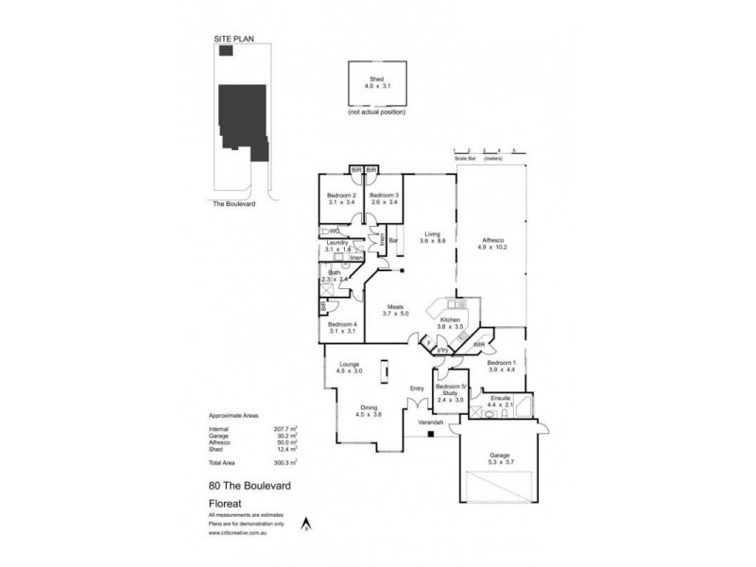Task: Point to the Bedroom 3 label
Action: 384,196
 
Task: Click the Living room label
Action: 433,233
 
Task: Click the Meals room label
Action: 398,308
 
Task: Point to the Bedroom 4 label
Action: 341,324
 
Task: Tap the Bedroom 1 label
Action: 502,364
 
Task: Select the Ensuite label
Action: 502,400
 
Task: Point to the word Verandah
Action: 432,423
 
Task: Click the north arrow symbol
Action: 306,523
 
